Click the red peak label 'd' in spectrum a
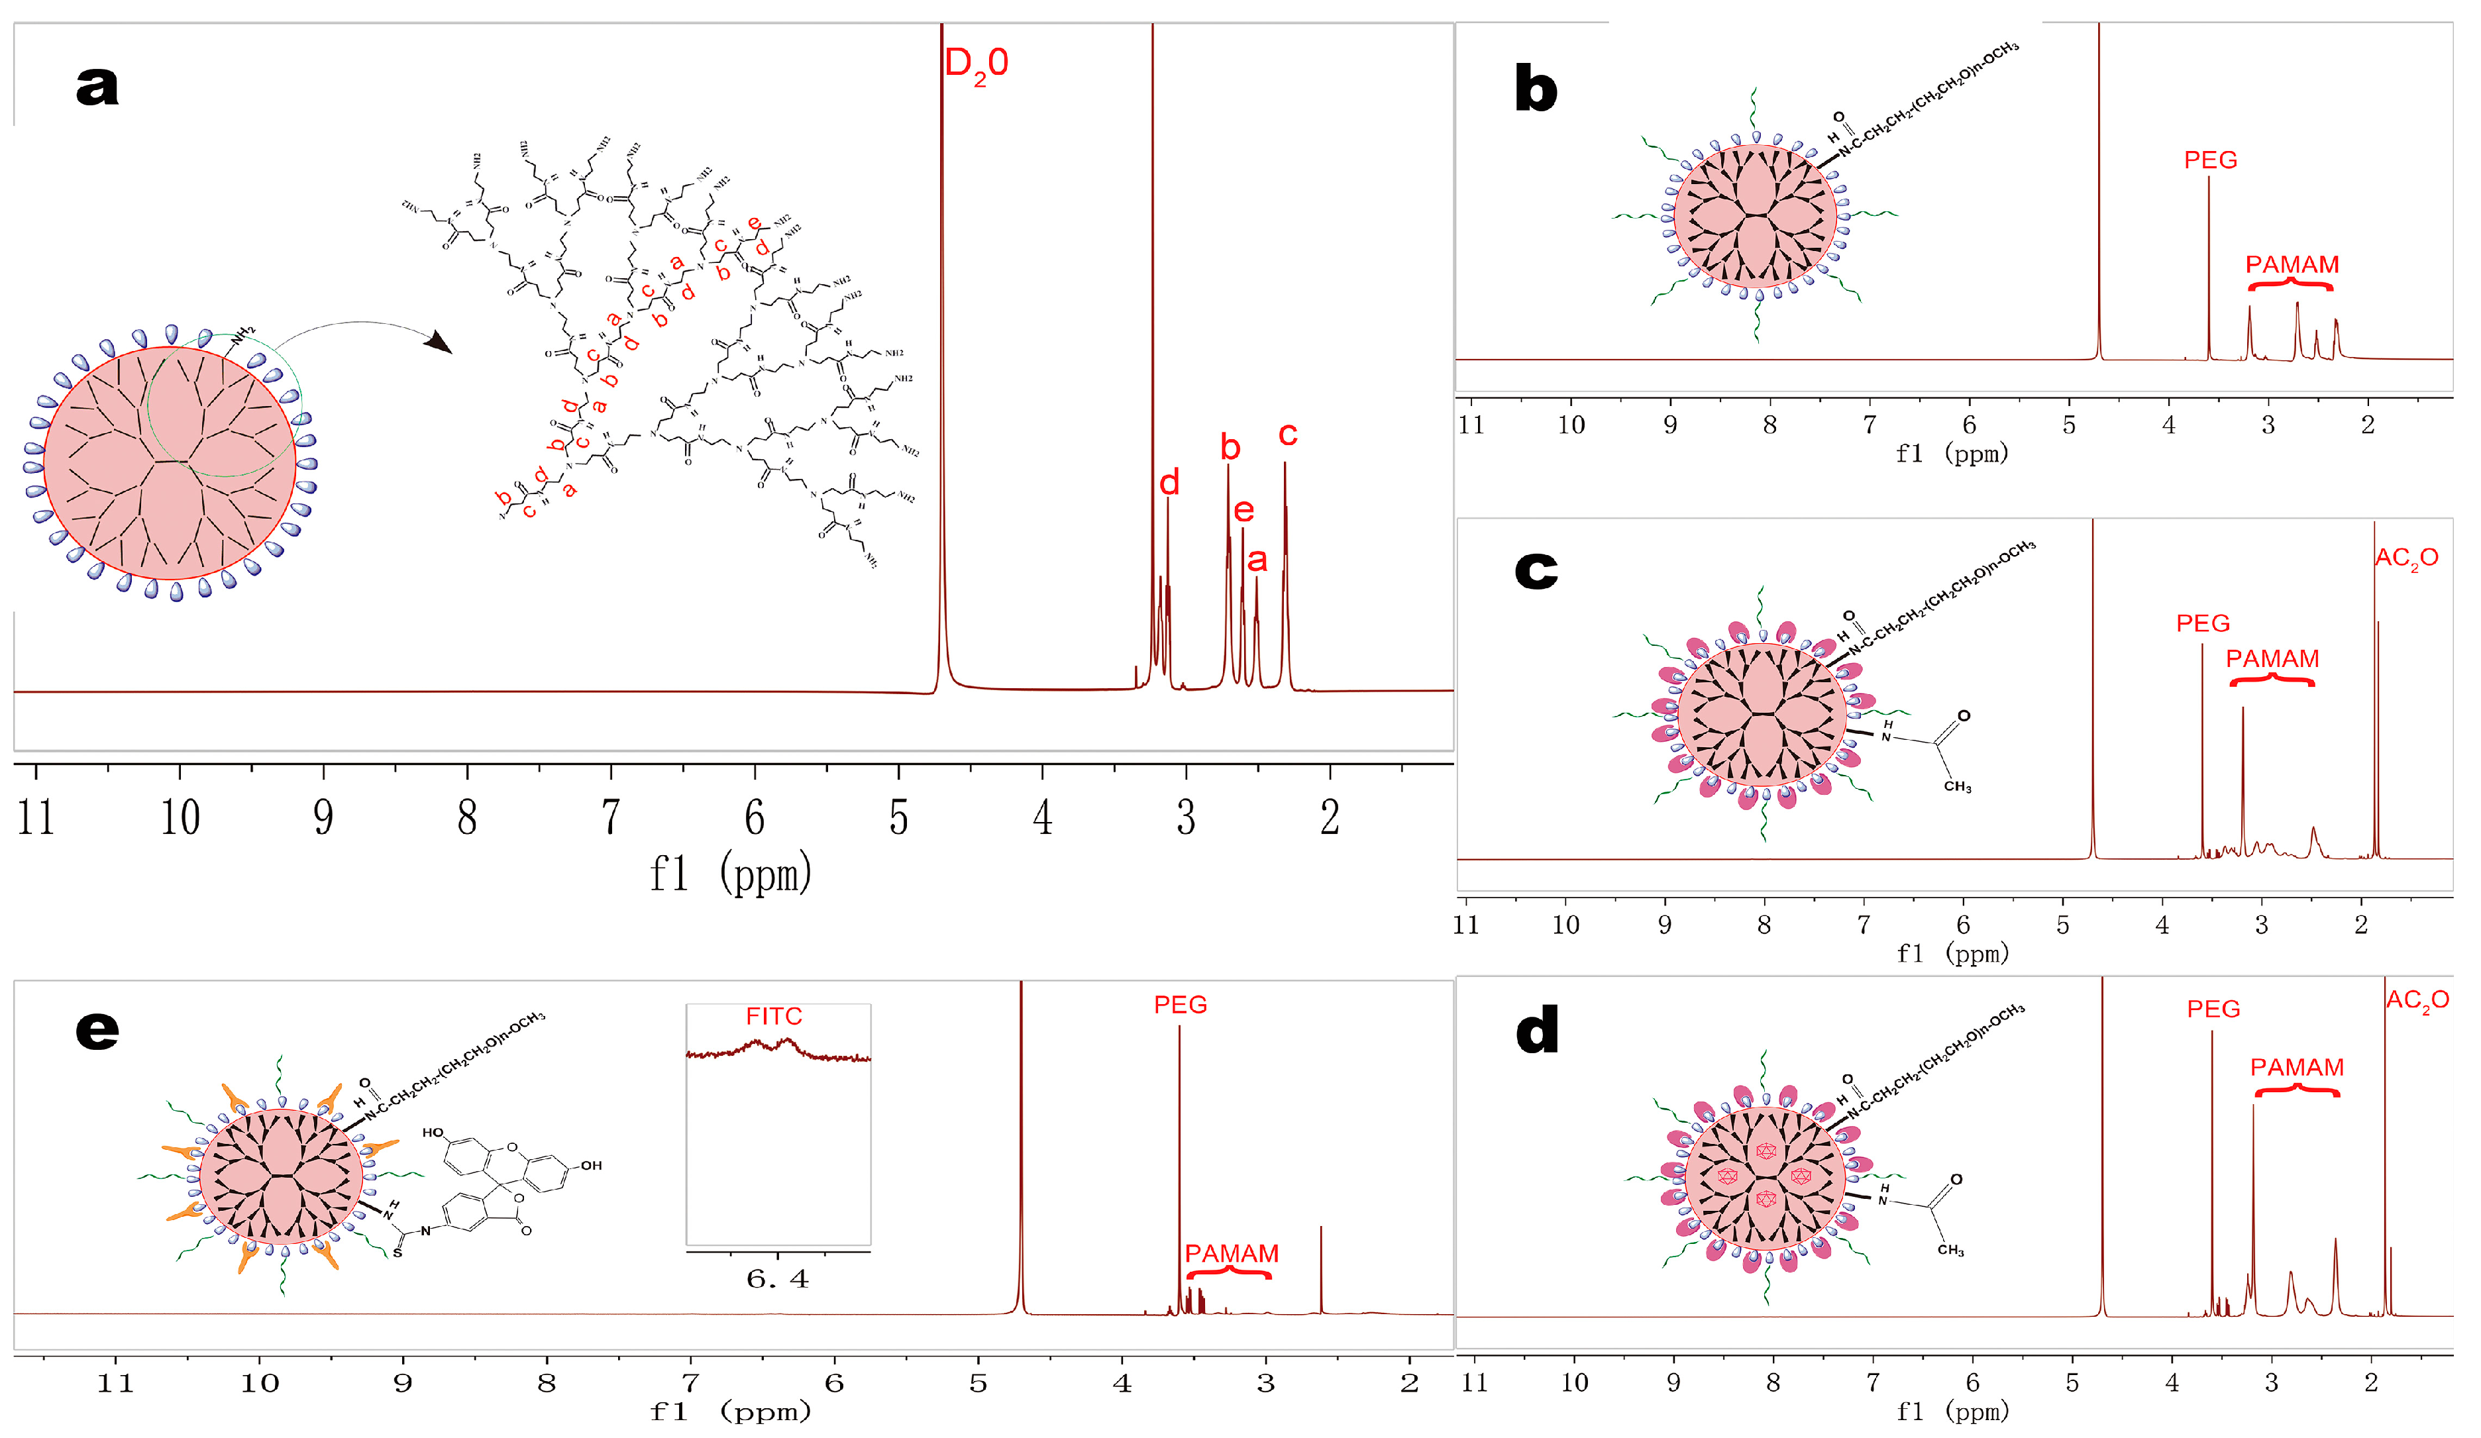click(x=1169, y=482)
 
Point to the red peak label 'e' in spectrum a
click(x=1243, y=510)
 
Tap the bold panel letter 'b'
click(x=1535, y=89)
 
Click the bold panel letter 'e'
click(x=97, y=1031)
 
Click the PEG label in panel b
click(x=2209, y=160)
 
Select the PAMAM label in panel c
click(x=2272, y=658)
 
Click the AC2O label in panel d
click(x=2417, y=1001)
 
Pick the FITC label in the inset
click(x=773, y=1016)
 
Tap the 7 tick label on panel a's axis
click(x=610, y=817)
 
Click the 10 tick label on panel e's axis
click(x=259, y=1383)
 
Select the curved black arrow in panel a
click(x=364, y=331)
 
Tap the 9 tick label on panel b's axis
click(x=1669, y=425)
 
